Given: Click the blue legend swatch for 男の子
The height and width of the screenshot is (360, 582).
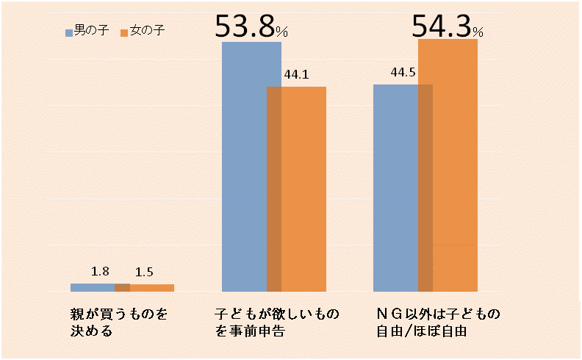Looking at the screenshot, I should tap(70, 32).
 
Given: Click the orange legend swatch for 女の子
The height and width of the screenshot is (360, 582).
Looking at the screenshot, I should tap(123, 32).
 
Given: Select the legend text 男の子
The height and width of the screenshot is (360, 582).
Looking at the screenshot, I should tap(91, 32).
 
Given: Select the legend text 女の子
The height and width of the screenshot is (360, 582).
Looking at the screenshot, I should tap(145, 32).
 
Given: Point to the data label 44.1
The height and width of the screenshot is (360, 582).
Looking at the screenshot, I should tap(295, 74).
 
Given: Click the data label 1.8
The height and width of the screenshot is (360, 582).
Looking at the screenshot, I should tap(100, 272).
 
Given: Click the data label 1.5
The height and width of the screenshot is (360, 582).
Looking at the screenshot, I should tap(144, 273).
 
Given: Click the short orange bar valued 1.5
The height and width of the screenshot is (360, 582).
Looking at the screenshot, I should tap(152, 288).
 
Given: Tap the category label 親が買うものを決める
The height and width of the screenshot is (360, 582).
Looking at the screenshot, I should tap(115, 323).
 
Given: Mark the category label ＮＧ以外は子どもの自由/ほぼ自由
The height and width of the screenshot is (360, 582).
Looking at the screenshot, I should tap(438, 323).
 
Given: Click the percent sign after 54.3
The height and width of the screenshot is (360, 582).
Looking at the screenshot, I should tap(478, 32).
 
